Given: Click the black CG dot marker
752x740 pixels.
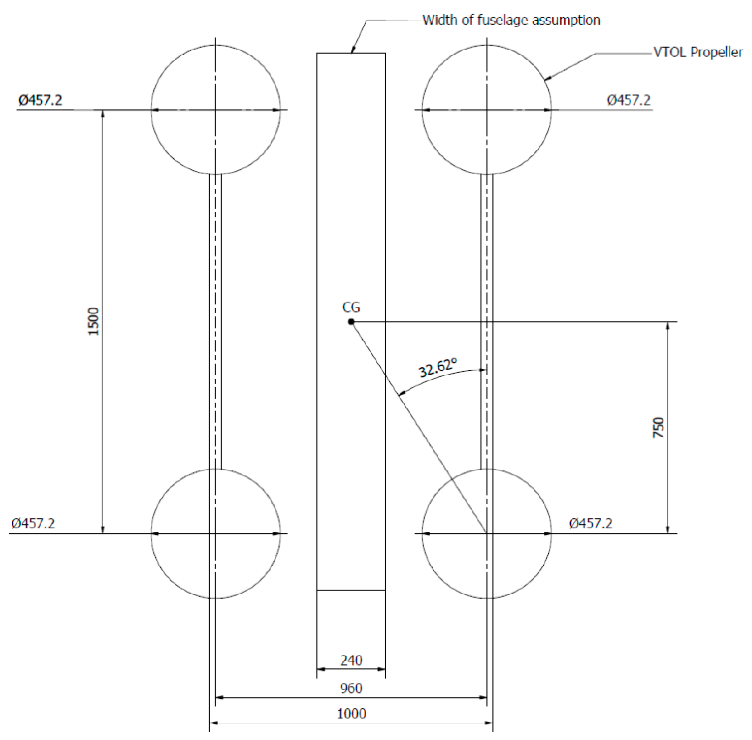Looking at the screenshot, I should coord(351,322).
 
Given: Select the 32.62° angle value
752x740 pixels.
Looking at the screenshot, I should coord(438,367).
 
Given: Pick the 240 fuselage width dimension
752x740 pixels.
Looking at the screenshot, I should coord(351,660).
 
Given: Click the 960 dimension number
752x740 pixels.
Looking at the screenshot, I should coord(351,688).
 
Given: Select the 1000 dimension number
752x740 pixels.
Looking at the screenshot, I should coord(351,714).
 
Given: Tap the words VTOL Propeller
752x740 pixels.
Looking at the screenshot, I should coord(698,52).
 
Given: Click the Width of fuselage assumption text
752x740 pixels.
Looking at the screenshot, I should coord(511,20).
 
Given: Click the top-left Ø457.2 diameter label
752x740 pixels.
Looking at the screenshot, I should coord(40,100).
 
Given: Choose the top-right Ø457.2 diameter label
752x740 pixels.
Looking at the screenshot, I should coord(629,100).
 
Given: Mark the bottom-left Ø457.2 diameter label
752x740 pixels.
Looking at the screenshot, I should coord(33,523).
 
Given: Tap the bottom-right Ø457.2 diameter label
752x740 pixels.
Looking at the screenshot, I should coord(591,523).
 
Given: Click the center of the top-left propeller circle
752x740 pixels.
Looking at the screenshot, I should coord(215,110).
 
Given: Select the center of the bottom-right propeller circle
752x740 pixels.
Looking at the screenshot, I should coord(486,534).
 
